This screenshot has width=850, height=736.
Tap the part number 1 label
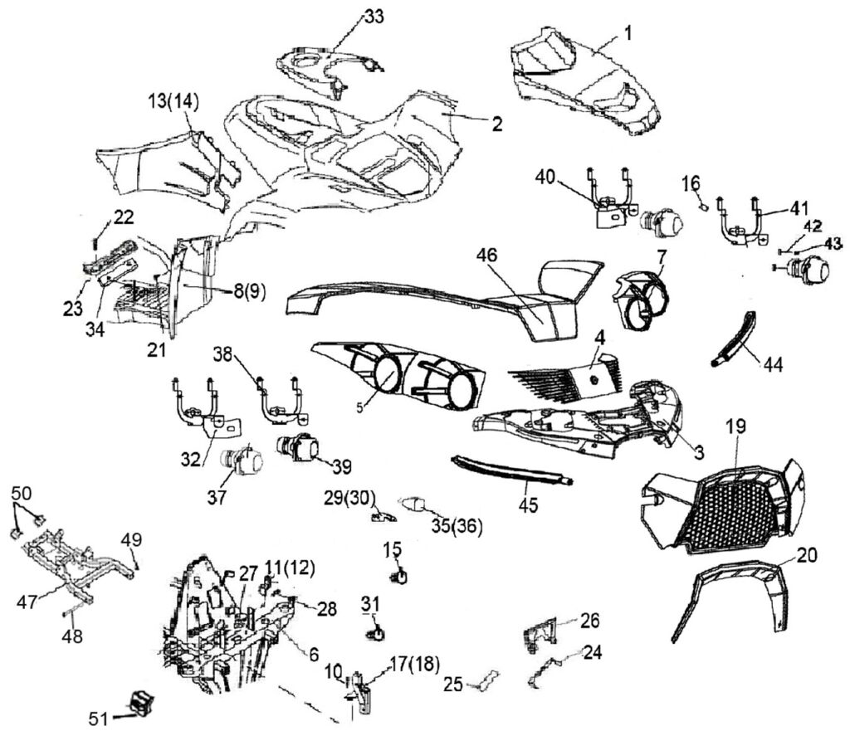628,34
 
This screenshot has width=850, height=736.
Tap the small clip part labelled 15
398,575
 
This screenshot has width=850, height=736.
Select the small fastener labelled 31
376,633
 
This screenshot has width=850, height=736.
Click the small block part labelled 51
139,700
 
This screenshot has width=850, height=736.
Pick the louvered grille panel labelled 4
573,383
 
